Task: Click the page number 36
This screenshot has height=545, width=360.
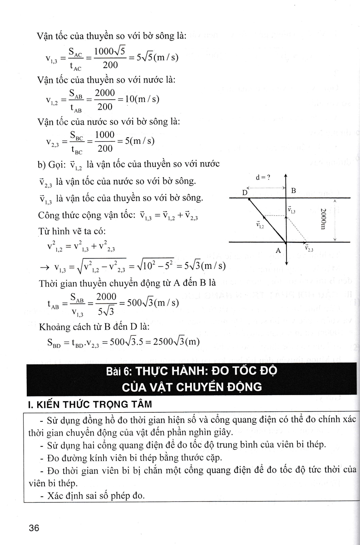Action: [x=34, y=528]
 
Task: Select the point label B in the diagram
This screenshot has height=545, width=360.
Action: [x=293, y=191]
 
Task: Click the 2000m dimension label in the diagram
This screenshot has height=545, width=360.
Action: [x=322, y=219]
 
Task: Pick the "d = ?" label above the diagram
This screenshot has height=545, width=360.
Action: [x=263, y=178]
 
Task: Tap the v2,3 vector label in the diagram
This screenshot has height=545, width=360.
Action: [x=309, y=249]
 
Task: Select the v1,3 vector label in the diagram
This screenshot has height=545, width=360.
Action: [x=291, y=210]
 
